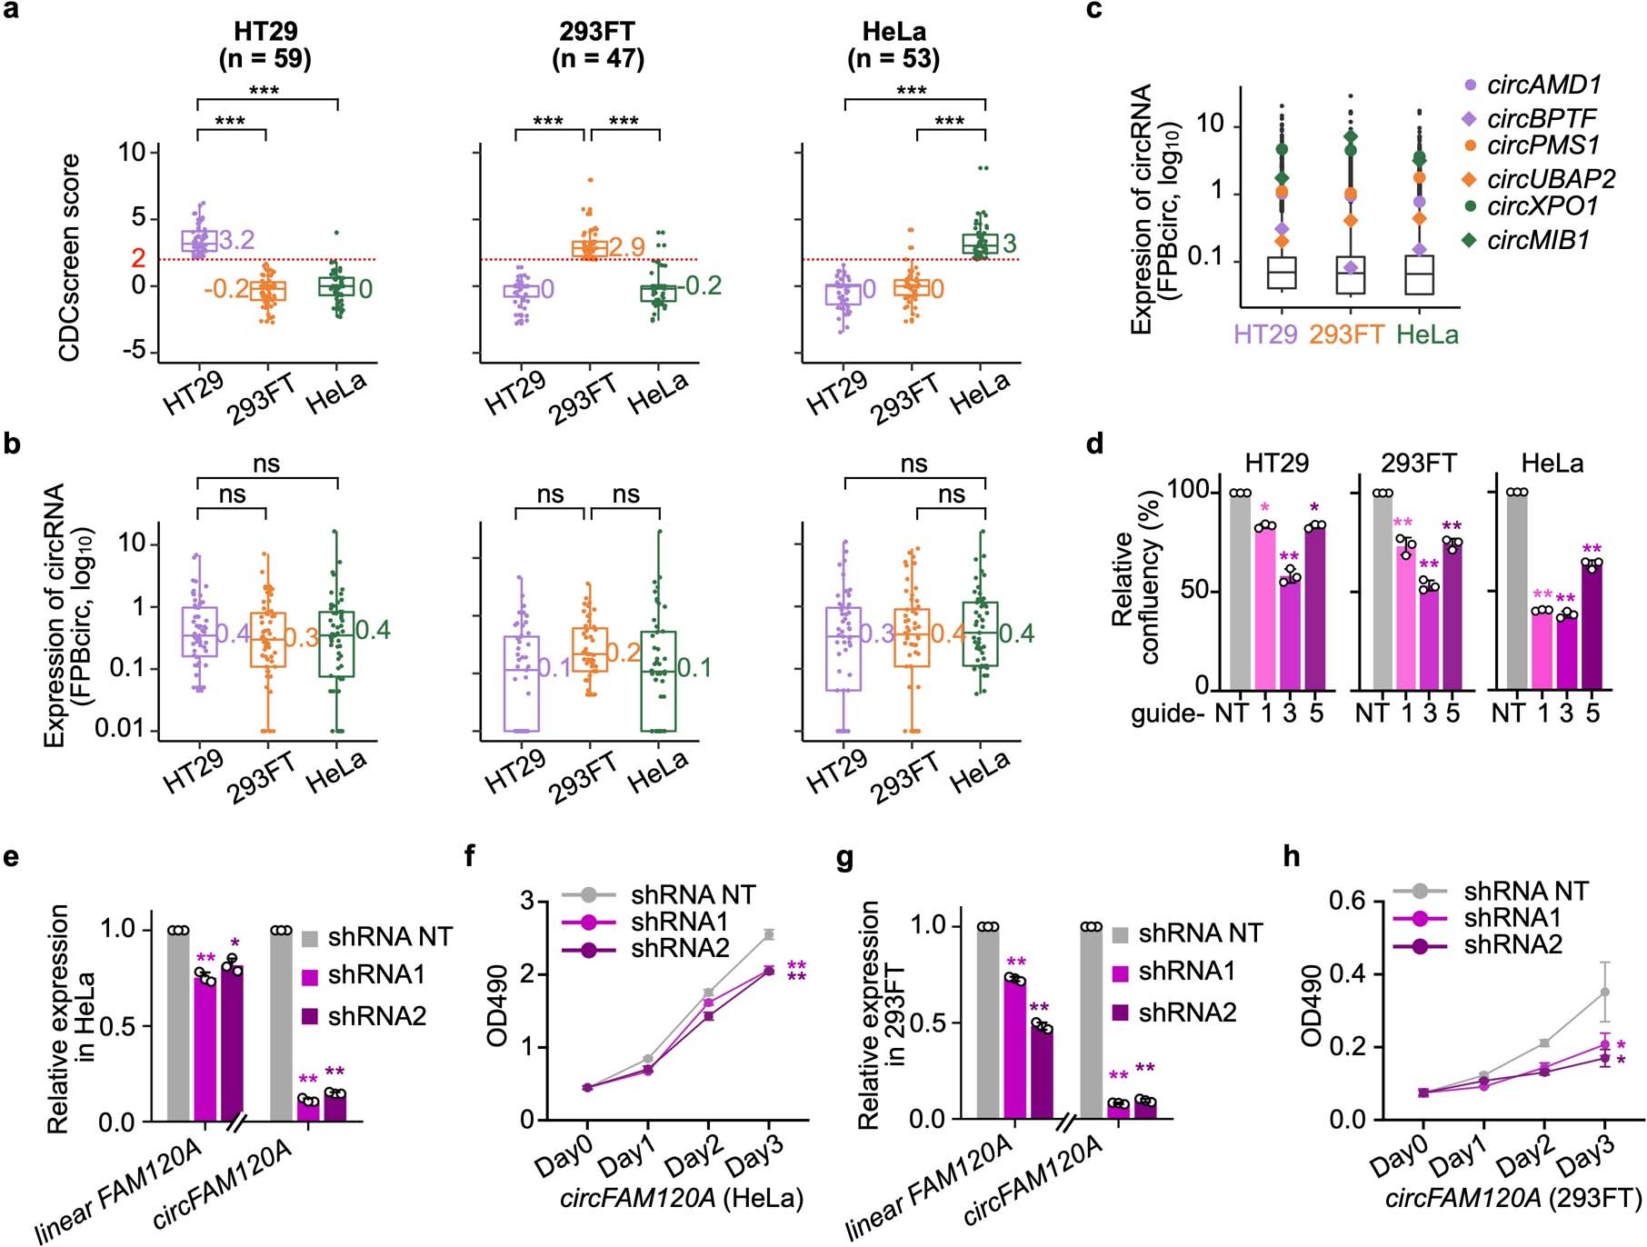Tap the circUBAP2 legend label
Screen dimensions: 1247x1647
point(1551,179)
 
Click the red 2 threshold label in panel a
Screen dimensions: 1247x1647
point(138,258)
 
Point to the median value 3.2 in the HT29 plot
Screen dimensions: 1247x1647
point(236,241)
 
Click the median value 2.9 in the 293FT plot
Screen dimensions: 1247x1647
point(626,246)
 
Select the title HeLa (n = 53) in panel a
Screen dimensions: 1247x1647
point(893,45)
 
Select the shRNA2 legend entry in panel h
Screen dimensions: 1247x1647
point(1512,945)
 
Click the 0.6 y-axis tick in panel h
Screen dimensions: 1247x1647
point(1348,902)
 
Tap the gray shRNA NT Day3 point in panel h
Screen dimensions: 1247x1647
point(1605,993)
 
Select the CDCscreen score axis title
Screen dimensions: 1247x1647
point(69,257)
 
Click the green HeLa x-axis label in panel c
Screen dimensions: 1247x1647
point(1427,335)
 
